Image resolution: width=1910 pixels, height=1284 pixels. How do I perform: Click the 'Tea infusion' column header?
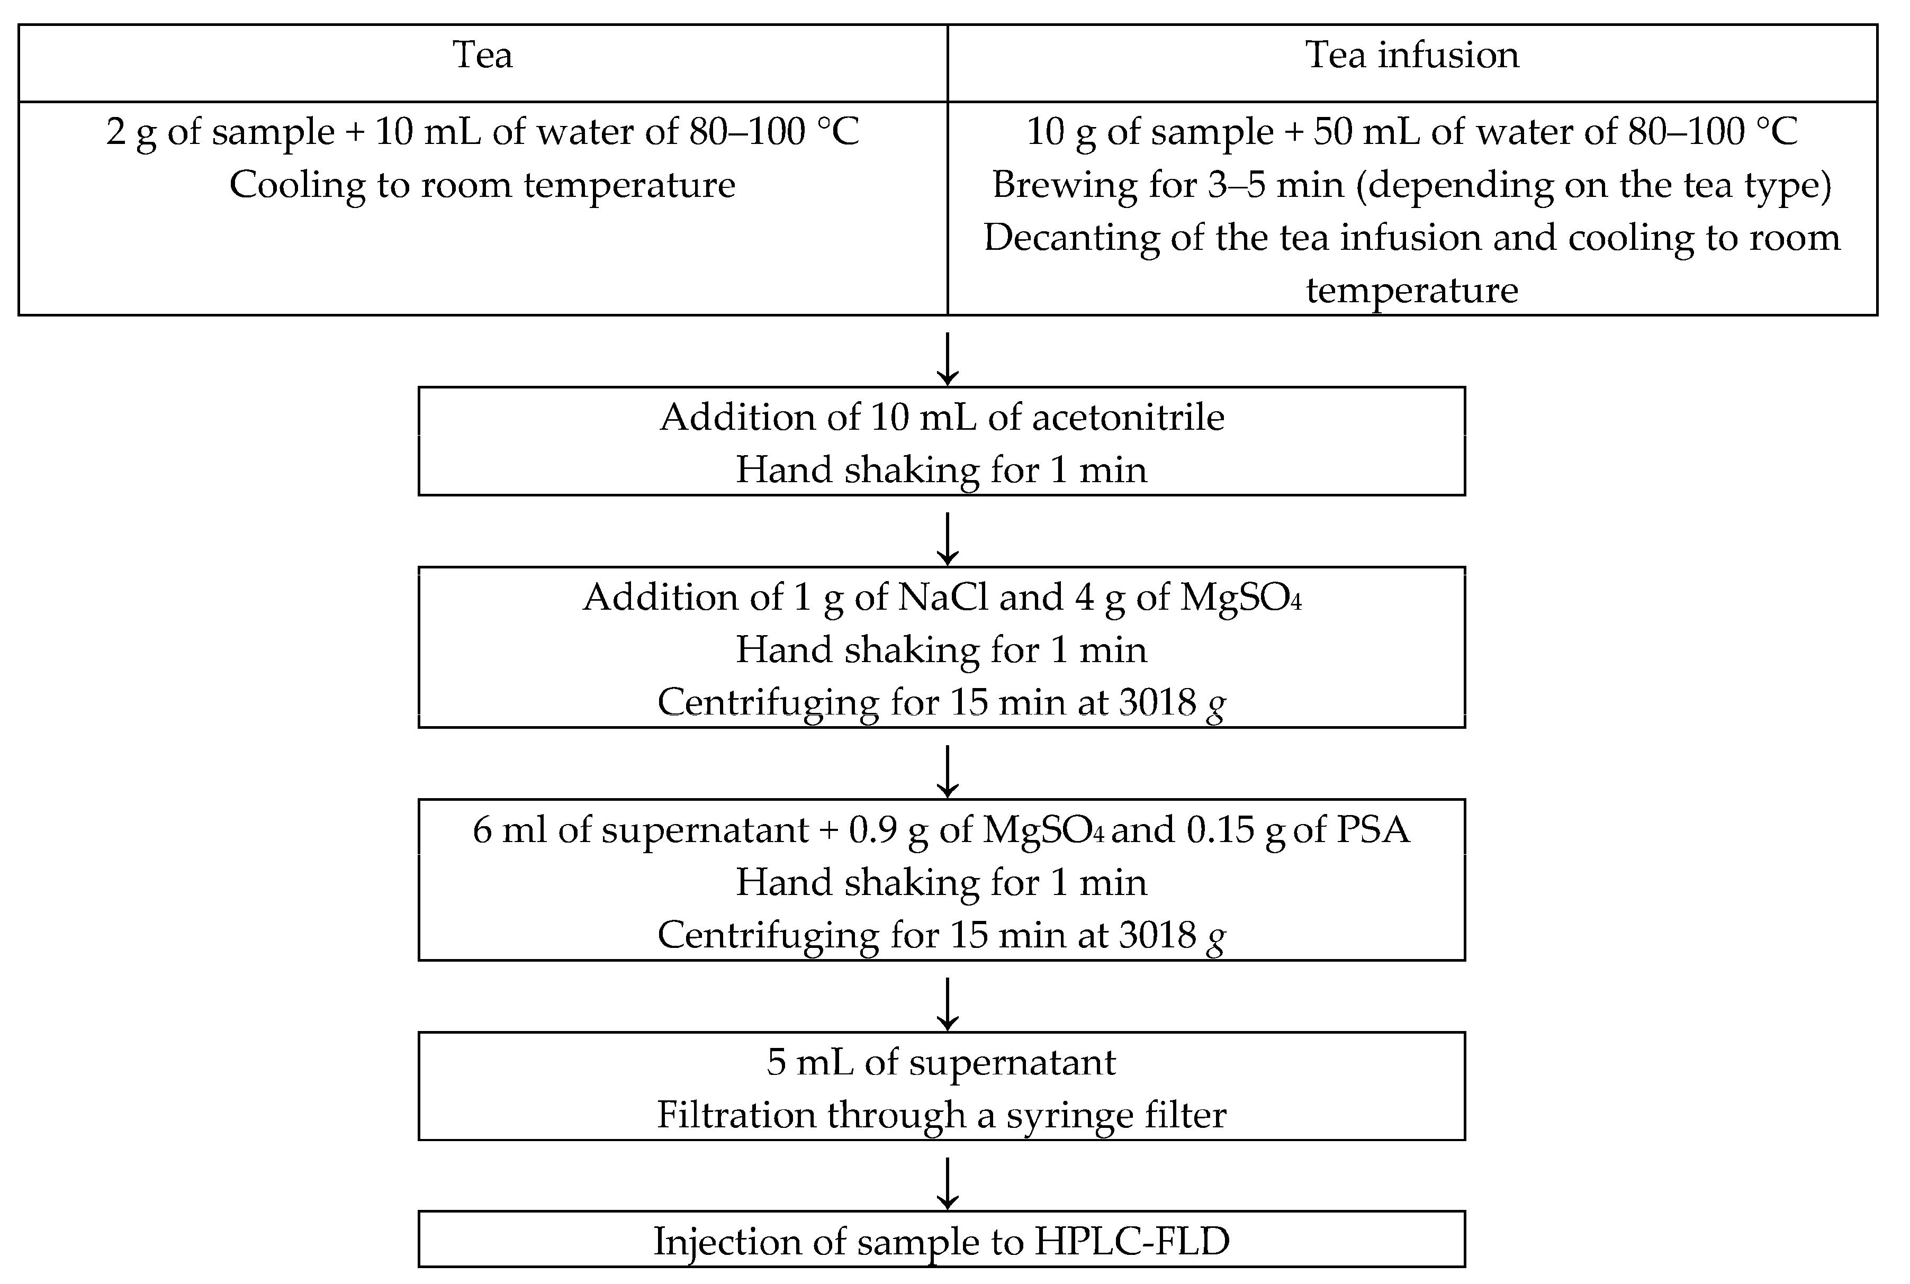[1411, 56]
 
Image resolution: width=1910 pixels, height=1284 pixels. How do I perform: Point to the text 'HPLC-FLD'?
[1131, 1242]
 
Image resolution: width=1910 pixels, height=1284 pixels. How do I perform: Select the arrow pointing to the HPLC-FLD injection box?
[948, 1184]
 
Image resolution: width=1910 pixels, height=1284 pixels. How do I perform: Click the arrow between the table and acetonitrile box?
[948, 359]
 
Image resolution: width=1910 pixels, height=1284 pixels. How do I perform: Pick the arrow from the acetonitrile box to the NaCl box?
[948, 539]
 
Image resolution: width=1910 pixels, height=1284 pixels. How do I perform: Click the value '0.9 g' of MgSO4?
[888, 830]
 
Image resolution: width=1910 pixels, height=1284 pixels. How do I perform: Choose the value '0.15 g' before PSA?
[1235, 830]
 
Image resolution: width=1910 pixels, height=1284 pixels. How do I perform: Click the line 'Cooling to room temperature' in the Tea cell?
[482, 185]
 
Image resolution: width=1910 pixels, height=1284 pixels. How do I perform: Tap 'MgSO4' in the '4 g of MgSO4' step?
[1239, 598]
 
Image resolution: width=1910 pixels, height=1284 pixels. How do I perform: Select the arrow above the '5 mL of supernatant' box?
[948, 1003]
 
